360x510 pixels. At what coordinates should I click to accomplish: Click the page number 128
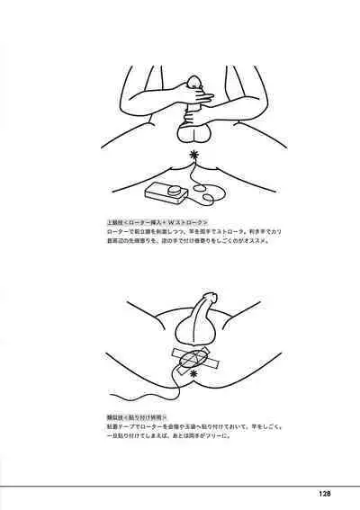(326, 492)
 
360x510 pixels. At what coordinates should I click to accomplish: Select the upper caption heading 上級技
(116, 221)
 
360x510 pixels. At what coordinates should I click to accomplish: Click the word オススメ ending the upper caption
(247, 241)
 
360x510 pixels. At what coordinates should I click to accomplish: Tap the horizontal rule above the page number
(180, 485)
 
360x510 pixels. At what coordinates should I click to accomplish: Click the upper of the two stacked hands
(193, 92)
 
